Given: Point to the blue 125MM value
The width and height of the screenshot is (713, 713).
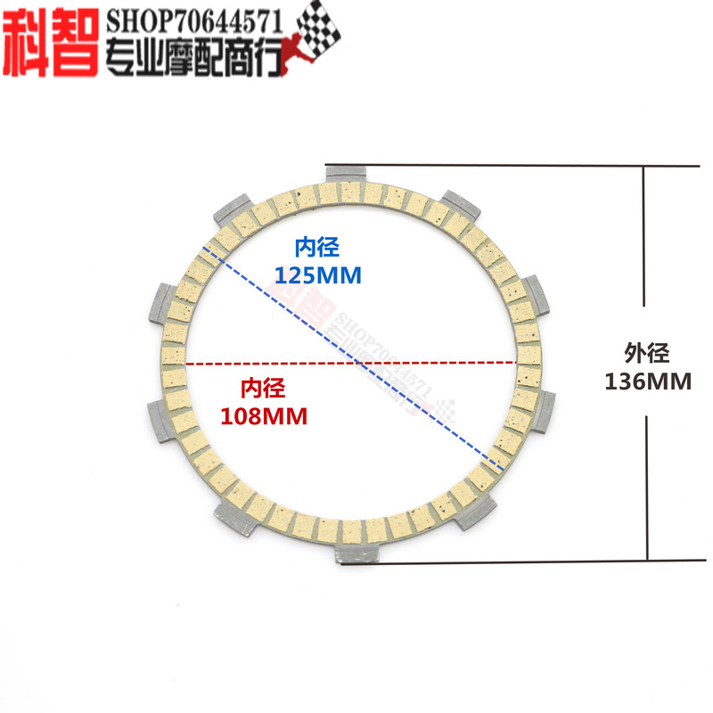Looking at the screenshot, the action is pyautogui.click(x=319, y=275).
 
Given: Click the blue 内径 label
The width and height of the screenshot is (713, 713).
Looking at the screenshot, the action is pyautogui.click(x=318, y=246).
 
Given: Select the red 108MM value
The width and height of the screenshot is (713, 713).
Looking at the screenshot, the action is pyautogui.click(x=263, y=415).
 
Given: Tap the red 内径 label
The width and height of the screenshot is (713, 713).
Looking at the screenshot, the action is pyautogui.click(x=263, y=388).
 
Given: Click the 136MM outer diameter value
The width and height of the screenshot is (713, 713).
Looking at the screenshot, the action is pyautogui.click(x=648, y=382).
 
